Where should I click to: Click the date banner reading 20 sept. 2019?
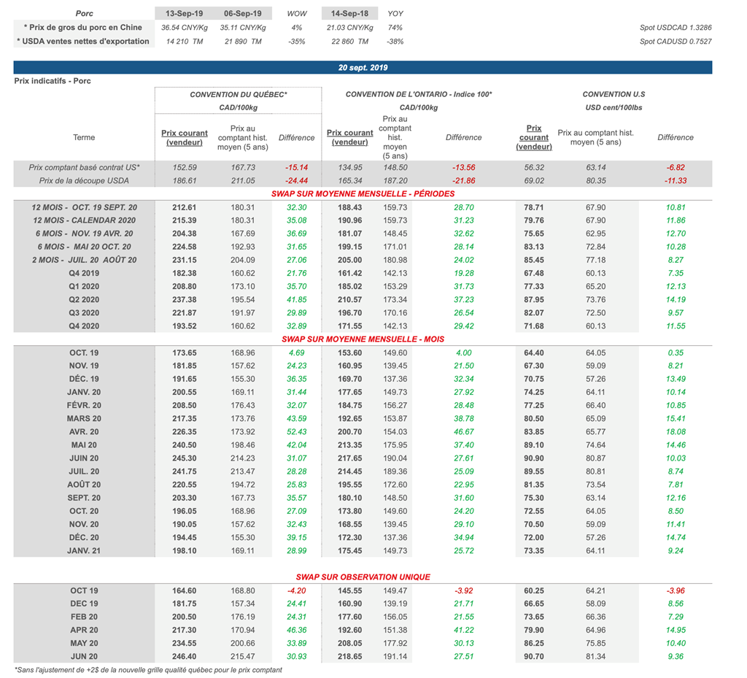pos(363,67)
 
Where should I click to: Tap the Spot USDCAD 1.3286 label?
pos(675,27)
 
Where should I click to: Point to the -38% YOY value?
pos(395,41)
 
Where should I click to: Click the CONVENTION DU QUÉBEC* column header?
pos(238,95)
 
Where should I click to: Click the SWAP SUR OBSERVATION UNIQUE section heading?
pos(363,577)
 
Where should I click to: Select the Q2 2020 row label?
pos(84,299)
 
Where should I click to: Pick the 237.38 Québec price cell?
pos(184,299)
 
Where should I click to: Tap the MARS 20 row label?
pos(84,418)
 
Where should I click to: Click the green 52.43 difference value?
pos(296,431)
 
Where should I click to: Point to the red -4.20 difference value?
pos(296,590)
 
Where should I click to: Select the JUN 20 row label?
pos(84,656)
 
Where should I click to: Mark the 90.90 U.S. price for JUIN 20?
pos(534,458)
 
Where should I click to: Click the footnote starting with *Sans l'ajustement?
pos(148,669)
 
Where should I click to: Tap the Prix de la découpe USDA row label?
pos(84,180)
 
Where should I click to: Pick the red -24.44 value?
pos(296,180)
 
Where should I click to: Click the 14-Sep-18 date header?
pos(350,13)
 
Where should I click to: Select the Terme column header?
pos(84,137)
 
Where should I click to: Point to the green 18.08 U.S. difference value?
pos(675,431)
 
